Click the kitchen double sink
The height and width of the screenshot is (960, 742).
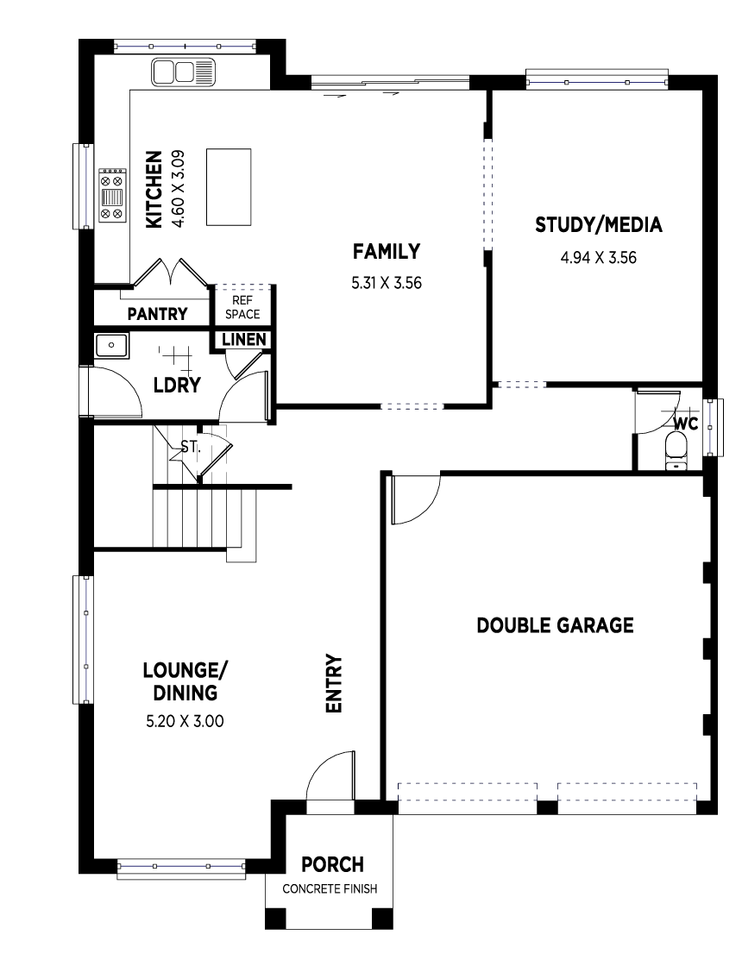tap(185, 72)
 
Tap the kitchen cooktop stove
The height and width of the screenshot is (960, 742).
tap(112, 195)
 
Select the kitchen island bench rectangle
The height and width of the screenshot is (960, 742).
tap(229, 187)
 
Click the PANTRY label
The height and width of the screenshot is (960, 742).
tap(157, 314)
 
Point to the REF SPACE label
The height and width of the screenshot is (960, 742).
tap(242, 308)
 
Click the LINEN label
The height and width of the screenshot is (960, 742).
tap(243, 339)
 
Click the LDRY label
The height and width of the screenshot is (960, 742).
tap(177, 385)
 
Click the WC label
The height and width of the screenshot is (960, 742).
tap(686, 424)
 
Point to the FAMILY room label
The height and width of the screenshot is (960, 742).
tap(387, 252)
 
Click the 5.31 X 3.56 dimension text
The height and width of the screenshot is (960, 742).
tap(387, 283)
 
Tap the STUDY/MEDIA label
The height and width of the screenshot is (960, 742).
tap(599, 225)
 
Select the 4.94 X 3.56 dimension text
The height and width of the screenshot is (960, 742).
tap(599, 258)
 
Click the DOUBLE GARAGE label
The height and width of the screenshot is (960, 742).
tap(556, 625)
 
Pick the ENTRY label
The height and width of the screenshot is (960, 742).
tap(334, 684)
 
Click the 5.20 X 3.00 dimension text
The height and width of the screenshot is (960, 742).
tap(185, 721)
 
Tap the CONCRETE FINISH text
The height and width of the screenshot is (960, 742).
tap(330, 888)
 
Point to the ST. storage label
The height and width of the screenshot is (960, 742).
tap(191, 448)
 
